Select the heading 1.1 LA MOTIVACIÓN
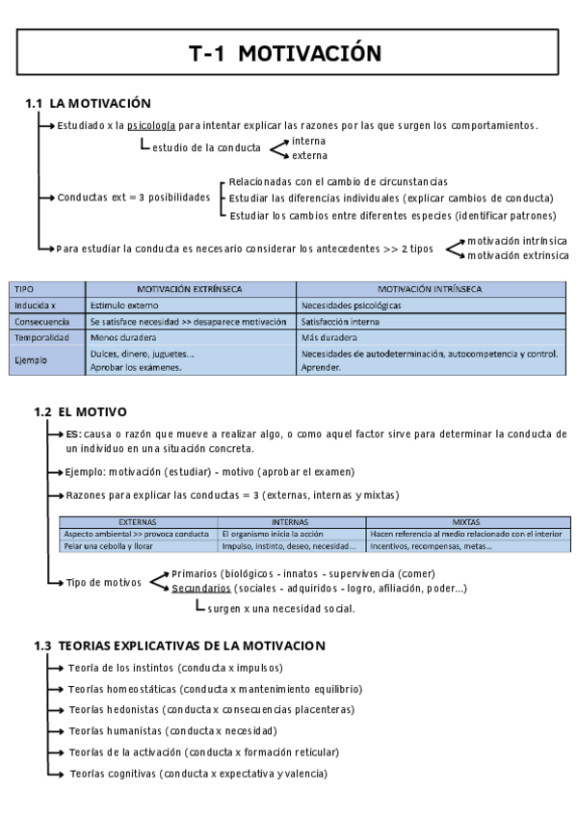(88, 103)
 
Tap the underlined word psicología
(151, 125)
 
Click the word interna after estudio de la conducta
(309, 141)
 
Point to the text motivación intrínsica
(516, 240)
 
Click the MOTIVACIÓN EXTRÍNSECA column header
(189, 288)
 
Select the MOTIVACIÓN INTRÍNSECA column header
(431, 288)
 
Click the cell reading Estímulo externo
(123, 305)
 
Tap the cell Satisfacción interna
(340, 322)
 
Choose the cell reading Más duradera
(328, 338)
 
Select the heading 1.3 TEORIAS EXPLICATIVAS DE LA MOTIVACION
(179, 646)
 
